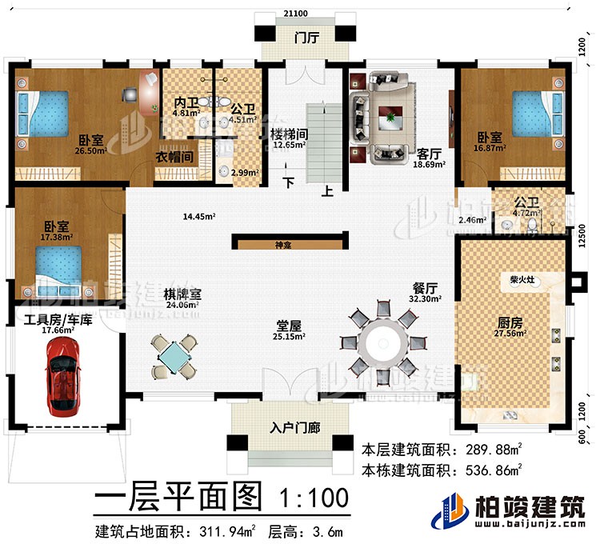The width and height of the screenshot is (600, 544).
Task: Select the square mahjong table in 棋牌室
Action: point(174,356)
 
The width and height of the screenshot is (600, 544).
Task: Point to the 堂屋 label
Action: point(288,326)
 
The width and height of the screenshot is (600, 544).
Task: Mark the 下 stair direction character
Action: point(290,182)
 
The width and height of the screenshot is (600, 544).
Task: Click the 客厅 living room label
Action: point(426,152)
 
